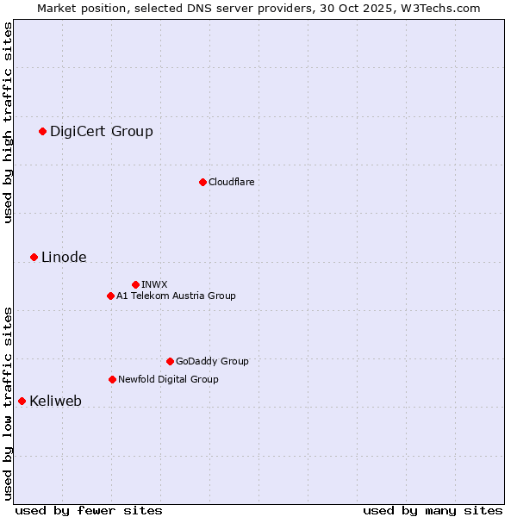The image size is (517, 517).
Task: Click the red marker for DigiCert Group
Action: tap(42, 131)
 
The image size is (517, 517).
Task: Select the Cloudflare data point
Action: tap(202, 182)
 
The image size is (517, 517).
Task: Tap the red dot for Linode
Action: tap(34, 257)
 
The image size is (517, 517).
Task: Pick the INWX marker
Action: tap(135, 284)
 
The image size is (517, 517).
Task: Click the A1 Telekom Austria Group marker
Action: tap(110, 296)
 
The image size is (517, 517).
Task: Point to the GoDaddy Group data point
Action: tap(170, 361)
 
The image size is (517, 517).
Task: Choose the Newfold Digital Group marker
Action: tap(112, 379)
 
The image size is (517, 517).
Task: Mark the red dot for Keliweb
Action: tap(22, 401)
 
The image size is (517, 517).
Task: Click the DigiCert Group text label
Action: tap(102, 131)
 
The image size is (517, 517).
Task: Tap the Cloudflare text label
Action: tap(232, 182)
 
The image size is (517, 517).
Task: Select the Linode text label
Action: tap(64, 257)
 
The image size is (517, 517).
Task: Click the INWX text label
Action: tap(154, 284)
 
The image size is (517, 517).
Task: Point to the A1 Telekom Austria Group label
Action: tap(176, 296)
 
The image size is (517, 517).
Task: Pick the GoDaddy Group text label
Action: tap(212, 361)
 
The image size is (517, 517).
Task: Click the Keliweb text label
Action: tap(55, 401)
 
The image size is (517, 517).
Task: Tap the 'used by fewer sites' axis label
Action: tap(89, 510)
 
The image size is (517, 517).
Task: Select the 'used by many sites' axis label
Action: tap(433, 510)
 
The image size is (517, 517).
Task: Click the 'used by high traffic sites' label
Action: tap(8, 122)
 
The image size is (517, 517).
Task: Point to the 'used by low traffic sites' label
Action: tap(8, 402)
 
